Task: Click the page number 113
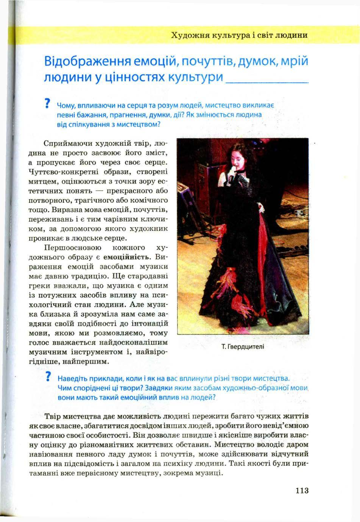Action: pyautogui.click(x=302, y=491)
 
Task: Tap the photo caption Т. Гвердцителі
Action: pyautogui.click(x=243, y=346)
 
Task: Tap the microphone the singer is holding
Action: pyautogui.click(x=231, y=177)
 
